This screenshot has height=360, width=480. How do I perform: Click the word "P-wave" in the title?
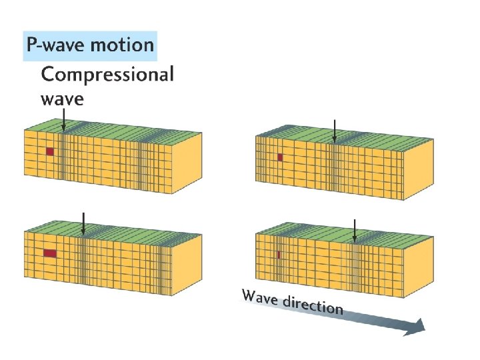53,45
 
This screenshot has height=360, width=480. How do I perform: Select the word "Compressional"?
107,74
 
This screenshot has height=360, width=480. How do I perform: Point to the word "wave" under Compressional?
63,99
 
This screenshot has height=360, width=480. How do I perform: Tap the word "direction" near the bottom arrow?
313,305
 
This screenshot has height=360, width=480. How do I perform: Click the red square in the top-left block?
49,151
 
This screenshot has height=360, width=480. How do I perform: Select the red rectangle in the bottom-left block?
49,253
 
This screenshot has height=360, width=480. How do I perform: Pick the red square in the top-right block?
280,157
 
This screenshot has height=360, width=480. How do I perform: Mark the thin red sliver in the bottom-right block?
279,255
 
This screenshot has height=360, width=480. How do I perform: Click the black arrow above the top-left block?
63,120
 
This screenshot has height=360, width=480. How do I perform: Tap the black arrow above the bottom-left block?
83,223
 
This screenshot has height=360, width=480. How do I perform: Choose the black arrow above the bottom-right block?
355,230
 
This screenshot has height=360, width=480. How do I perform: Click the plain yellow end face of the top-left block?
187,158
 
